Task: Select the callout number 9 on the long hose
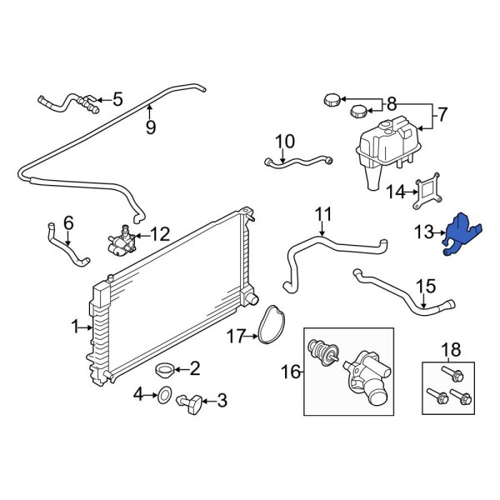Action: point(150,127)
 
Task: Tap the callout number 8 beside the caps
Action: point(391,104)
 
